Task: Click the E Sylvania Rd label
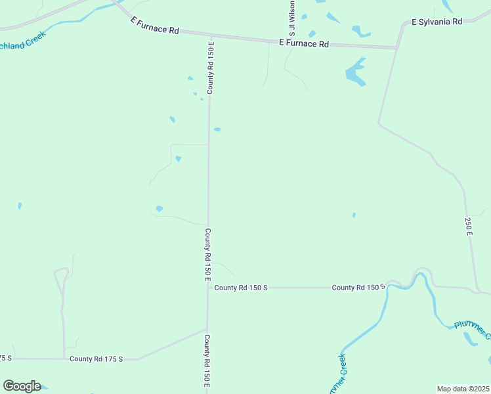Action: [437, 22]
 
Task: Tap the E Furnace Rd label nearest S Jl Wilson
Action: [303, 44]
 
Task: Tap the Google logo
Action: [22, 385]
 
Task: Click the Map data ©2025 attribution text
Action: [463, 389]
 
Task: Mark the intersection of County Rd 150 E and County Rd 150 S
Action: [208, 287]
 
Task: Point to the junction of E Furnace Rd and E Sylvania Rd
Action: [396, 47]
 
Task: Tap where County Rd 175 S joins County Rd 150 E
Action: [207, 330]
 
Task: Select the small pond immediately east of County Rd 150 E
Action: [217, 129]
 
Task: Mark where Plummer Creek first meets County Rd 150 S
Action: [389, 285]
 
